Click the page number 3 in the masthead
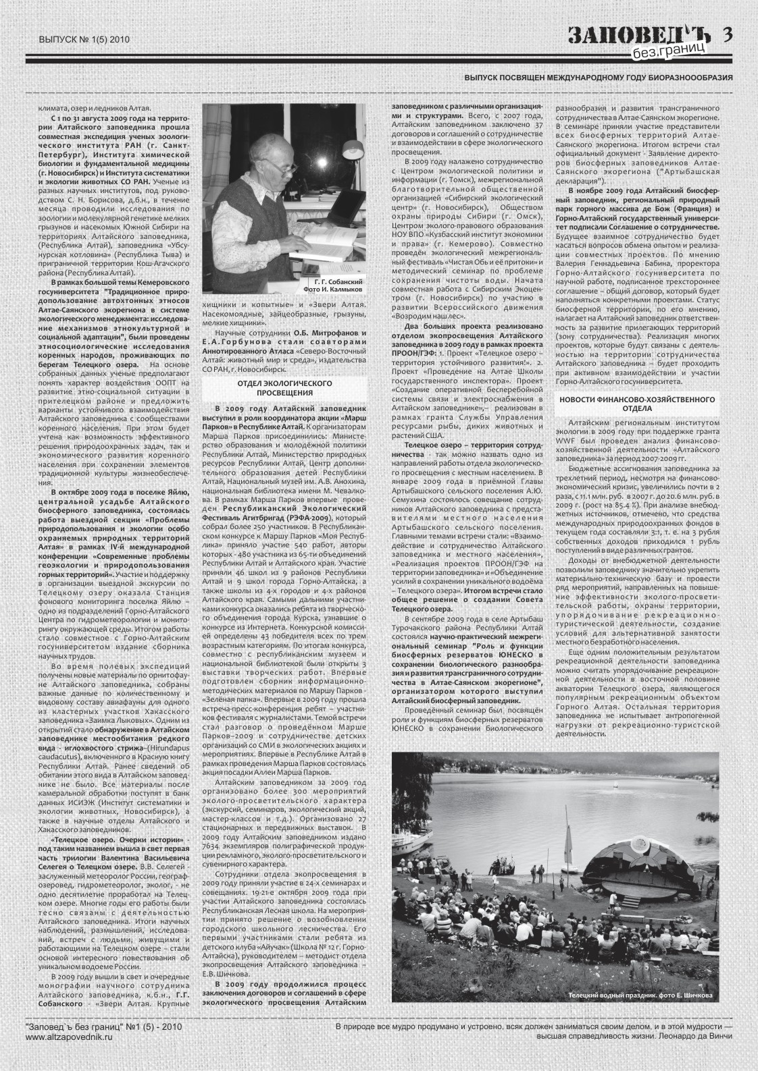pyautogui.click(x=727, y=34)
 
